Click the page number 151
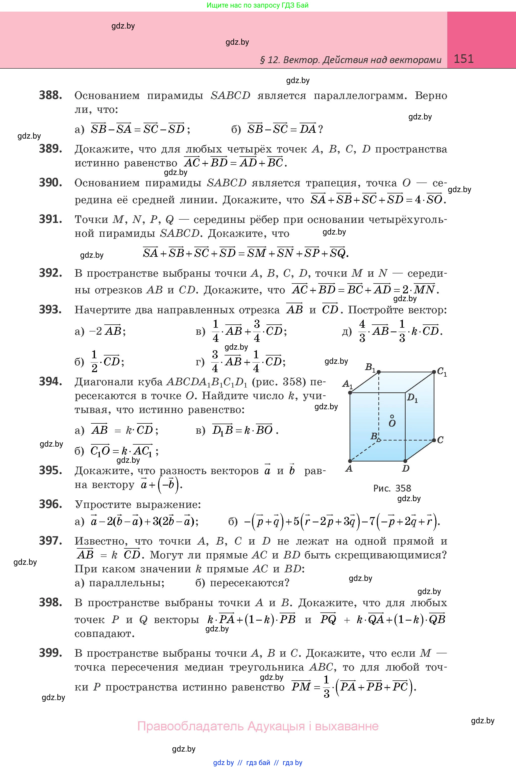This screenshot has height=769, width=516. pyautogui.click(x=463, y=59)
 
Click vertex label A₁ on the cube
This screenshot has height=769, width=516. pyautogui.click(x=347, y=383)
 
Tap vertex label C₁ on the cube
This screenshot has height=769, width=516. pyautogui.click(x=442, y=372)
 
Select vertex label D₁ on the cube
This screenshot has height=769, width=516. pyautogui.click(x=412, y=398)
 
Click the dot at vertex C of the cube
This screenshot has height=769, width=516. pyautogui.click(x=434, y=440)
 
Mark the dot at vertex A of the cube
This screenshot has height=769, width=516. pyautogui.click(x=350, y=461)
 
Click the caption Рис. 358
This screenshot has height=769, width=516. pyautogui.click(x=392, y=489)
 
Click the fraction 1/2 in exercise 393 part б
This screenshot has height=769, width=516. pyautogui.click(x=94, y=361)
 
